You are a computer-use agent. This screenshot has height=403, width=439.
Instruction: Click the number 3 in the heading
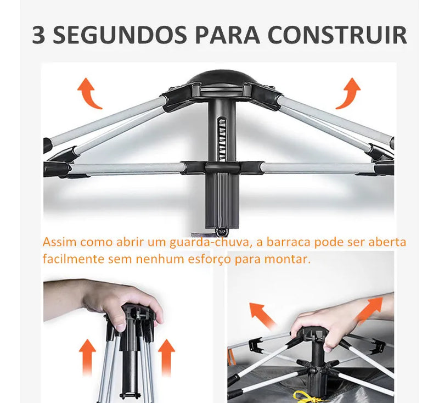(x=39, y=35)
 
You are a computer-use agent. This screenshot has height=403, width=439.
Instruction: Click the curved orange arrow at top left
(x=88, y=92)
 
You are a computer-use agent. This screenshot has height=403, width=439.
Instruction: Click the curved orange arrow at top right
(x=348, y=92)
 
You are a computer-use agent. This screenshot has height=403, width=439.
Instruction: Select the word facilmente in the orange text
(x=67, y=259)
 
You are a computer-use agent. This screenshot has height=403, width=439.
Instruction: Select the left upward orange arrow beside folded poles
(x=86, y=356)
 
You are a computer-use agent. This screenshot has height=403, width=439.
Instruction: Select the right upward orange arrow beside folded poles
(x=166, y=356)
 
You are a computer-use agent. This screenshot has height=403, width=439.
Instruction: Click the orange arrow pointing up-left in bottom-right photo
(x=262, y=316)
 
